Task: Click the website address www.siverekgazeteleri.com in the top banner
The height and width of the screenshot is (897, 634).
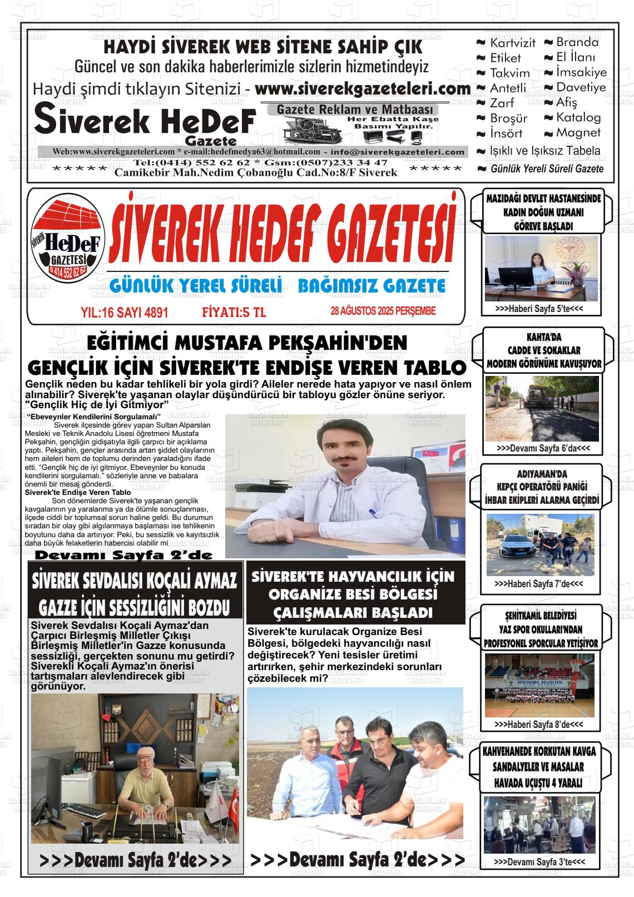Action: click(363, 89)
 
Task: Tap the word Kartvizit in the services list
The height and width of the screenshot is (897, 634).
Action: click(512, 43)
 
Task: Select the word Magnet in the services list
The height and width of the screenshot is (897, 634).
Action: click(578, 133)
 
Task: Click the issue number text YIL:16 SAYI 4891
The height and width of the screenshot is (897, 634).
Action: click(124, 313)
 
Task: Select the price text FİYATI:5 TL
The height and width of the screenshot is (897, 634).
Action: click(234, 313)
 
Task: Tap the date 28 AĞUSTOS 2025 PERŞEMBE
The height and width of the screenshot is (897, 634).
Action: click(383, 311)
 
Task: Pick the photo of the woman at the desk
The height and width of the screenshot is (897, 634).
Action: click(541, 269)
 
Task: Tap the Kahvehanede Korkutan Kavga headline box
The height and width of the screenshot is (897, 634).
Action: click(537, 767)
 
